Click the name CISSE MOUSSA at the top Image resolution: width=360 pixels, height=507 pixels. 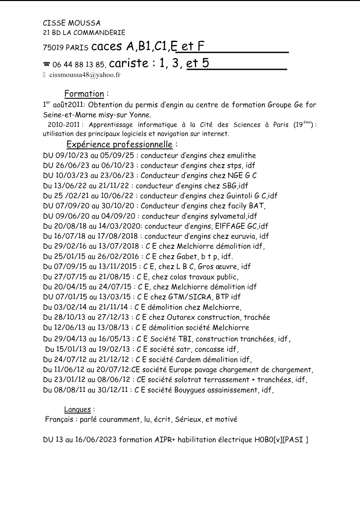pyautogui.click(x=72, y=23)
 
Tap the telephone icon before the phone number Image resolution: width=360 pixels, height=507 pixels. pyautogui.click(x=46, y=64)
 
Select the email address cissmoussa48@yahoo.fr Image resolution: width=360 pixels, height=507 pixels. pyautogui.click(x=85, y=75)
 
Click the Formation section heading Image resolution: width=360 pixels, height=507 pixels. pyautogui.click(x=84, y=94)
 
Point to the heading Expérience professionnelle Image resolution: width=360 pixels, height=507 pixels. pyautogui.click(x=119, y=144)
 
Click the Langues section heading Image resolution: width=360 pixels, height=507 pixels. pyautogui.click(x=77, y=409)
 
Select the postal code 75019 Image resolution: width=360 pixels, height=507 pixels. pyautogui.click(x=53, y=48)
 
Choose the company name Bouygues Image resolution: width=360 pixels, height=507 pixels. pyautogui.click(x=190, y=390)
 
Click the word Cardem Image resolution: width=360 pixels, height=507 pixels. pyautogui.click(x=188, y=360)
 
